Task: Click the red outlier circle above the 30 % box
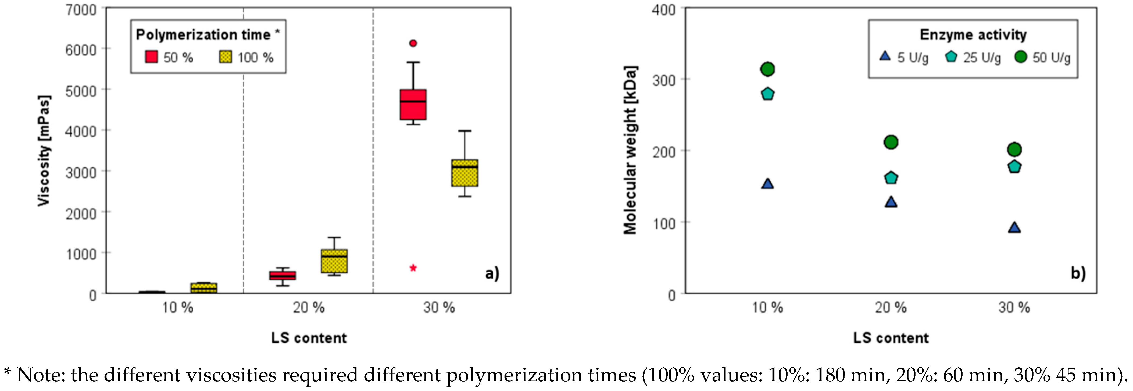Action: pyautogui.click(x=413, y=43)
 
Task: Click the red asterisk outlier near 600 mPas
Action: pyautogui.click(x=413, y=268)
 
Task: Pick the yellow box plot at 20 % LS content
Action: pyautogui.click(x=334, y=261)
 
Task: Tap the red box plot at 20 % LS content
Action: pyautogui.click(x=282, y=275)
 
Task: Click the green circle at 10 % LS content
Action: pyautogui.click(x=767, y=69)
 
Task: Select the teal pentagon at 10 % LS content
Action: pyautogui.click(x=767, y=94)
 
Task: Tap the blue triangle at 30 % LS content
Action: pyautogui.click(x=1014, y=227)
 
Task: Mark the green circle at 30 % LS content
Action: pyautogui.click(x=1014, y=149)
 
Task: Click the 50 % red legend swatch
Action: pyautogui.click(x=151, y=57)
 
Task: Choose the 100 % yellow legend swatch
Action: pyautogui.click(x=226, y=57)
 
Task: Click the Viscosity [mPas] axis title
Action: pyautogui.click(x=44, y=150)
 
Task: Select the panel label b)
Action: pyautogui.click(x=1078, y=273)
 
